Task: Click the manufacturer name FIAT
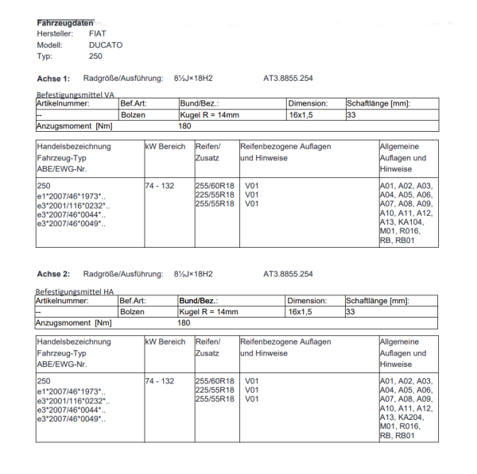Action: click(x=97, y=34)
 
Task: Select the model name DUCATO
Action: click(x=106, y=45)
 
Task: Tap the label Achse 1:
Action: click(x=53, y=79)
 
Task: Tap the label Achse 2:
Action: click(x=53, y=274)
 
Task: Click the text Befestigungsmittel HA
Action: click(x=76, y=291)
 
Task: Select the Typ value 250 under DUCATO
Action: click(x=96, y=56)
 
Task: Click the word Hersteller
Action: click(x=55, y=34)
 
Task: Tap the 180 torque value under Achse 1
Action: click(x=184, y=126)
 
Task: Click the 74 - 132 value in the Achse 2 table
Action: click(x=160, y=381)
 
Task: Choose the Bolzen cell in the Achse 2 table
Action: click(x=132, y=312)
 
